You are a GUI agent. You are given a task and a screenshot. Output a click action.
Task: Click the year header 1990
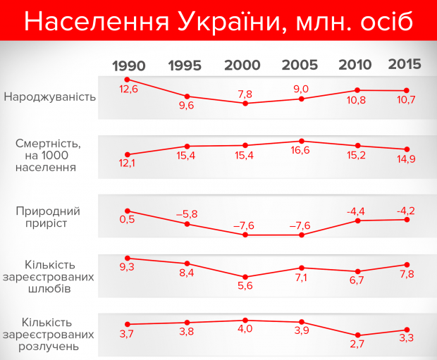[x=128, y=66]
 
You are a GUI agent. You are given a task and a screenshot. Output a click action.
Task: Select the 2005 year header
[x=300, y=66]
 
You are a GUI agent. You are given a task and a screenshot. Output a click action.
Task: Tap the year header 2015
[x=405, y=64]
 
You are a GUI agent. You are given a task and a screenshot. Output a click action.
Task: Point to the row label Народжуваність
[x=49, y=96]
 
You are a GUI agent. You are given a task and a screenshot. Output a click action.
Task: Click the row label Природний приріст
[x=49, y=217]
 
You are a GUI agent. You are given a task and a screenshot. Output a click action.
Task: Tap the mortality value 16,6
[x=302, y=153]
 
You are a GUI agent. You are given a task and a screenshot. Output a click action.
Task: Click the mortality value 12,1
[x=127, y=164]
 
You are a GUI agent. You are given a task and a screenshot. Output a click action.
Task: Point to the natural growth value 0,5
[x=128, y=220]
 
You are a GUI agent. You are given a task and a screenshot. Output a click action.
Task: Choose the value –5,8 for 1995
[x=187, y=213]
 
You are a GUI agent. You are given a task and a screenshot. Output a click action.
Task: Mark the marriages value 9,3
[x=128, y=268]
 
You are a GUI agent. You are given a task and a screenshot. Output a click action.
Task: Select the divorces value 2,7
[x=358, y=345]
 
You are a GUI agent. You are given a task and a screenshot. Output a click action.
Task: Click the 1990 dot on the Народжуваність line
[x=128, y=80]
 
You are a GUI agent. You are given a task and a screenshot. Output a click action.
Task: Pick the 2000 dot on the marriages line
[x=245, y=277]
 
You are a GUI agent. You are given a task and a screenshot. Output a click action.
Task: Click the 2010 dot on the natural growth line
[x=358, y=221]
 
